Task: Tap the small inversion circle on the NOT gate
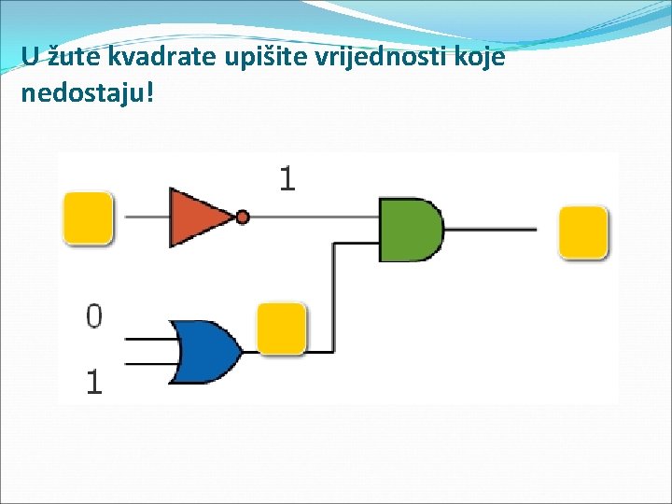pyautogui.click(x=243, y=217)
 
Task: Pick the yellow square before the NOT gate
pyautogui.click(x=88, y=217)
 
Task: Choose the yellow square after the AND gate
pyautogui.click(x=583, y=231)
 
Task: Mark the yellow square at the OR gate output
pyautogui.click(x=282, y=328)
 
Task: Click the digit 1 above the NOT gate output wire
pyautogui.click(x=287, y=178)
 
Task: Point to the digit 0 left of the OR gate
pyautogui.click(x=94, y=316)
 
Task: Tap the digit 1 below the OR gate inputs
pyautogui.click(x=94, y=381)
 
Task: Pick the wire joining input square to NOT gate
pyautogui.click(x=141, y=217)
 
